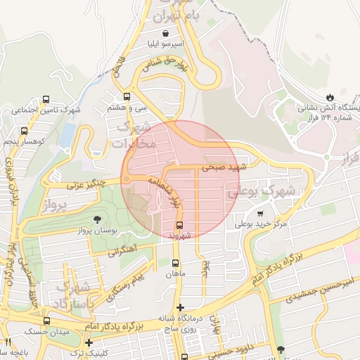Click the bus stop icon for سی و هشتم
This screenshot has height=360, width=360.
coord(127,96)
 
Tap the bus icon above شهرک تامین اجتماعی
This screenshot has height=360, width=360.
coord(46,99)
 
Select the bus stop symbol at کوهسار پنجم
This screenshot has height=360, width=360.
coord(25,131)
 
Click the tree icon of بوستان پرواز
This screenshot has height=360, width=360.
coord(97,219)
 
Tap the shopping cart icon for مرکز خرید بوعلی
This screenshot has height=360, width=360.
coord(260,213)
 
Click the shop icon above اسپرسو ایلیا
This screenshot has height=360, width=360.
coord(165,32)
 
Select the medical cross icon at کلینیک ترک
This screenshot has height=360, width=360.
coord(89,342)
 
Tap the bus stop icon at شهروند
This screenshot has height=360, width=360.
coord(179,225)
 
